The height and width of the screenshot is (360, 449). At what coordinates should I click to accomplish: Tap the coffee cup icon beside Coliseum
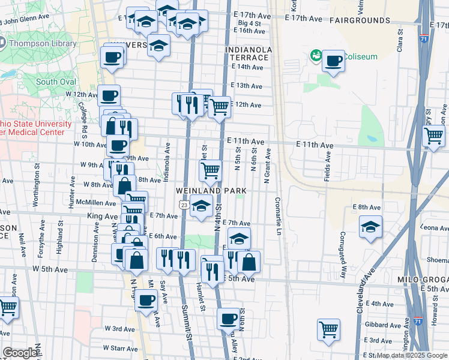click(x=333, y=61)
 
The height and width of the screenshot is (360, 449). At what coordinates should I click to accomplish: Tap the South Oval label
click(x=55, y=82)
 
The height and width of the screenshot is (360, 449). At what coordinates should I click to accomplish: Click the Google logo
click(x=20, y=353)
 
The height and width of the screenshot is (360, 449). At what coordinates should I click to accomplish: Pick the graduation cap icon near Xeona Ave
click(x=370, y=227)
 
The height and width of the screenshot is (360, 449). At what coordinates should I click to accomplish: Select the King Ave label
click(x=103, y=215)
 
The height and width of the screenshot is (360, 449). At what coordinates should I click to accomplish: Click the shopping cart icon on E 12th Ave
click(x=219, y=107)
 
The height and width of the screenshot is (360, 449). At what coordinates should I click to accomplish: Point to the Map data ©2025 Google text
click(x=412, y=355)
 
